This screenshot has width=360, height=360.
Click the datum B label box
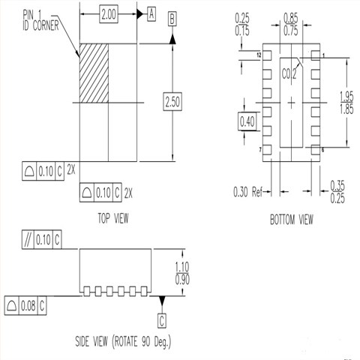(x=172, y=21)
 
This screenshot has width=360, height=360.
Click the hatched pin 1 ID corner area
(x=94, y=73)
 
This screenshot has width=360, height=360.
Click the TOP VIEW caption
(x=113, y=218)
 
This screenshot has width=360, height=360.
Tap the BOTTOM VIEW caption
(x=290, y=220)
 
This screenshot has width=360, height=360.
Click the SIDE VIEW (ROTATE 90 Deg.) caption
(x=123, y=342)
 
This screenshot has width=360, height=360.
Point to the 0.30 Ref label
(x=248, y=190)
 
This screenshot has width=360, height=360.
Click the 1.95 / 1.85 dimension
(x=346, y=101)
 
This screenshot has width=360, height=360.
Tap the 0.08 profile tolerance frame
(x=27, y=305)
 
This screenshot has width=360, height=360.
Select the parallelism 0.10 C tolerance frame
(x=40, y=239)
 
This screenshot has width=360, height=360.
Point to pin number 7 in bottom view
(x=259, y=150)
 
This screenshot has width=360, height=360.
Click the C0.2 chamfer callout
(x=289, y=74)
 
